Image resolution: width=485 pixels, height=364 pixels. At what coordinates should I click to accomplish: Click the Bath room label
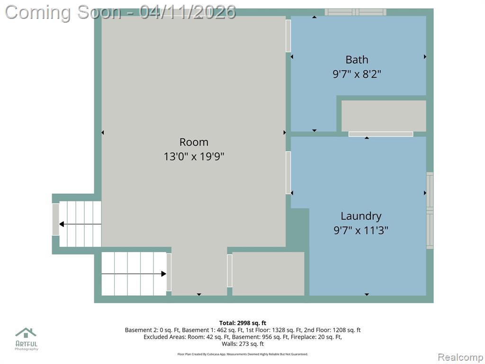pos(357,59)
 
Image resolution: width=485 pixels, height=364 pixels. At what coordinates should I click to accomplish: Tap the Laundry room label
pos(361,216)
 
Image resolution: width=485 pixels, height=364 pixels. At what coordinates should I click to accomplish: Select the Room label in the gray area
pos(194,142)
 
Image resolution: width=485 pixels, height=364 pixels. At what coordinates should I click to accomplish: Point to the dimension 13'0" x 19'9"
pos(194,156)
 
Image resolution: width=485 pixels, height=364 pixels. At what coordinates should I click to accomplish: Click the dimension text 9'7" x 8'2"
pos(357,74)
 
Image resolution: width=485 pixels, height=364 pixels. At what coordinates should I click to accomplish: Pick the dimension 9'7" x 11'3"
pos(360,230)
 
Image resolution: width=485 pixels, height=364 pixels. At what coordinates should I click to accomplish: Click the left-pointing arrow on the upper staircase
pos(80,224)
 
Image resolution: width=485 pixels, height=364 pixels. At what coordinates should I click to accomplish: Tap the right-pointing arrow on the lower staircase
pos(134,273)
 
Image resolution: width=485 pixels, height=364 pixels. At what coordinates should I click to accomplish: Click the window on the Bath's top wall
pos(355,12)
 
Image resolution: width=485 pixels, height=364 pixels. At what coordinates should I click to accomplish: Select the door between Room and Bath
pos(288,36)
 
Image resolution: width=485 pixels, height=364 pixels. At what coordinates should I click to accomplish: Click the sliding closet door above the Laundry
pos(381,134)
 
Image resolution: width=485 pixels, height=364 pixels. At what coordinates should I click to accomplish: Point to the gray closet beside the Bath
pos(384,116)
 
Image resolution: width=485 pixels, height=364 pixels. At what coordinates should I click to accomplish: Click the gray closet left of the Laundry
pos(268,273)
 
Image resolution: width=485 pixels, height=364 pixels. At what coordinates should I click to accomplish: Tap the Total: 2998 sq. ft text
pos(243,323)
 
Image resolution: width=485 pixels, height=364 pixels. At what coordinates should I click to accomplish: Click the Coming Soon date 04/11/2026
pos(188,12)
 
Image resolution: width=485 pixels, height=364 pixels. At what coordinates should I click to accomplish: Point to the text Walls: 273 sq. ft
pos(243,344)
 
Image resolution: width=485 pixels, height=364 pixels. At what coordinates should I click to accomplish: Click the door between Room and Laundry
pos(288,173)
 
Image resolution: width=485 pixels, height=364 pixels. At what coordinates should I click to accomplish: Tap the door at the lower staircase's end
pos(169,273)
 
